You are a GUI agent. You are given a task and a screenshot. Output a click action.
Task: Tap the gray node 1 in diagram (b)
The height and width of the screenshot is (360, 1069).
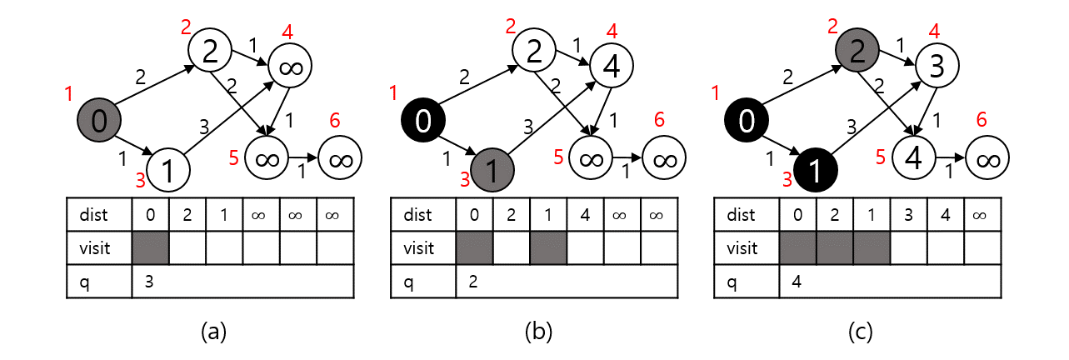coord(493,171)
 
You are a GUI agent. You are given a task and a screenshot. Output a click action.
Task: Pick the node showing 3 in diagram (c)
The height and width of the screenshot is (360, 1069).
coord(937,67)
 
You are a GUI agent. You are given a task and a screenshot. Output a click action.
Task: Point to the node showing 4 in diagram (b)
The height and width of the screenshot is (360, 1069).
coord(612,67)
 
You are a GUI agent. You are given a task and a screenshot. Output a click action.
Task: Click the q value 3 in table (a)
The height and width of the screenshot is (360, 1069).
coord(148,282)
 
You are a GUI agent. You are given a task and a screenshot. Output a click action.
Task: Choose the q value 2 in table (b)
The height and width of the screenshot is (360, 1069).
coord(472,282)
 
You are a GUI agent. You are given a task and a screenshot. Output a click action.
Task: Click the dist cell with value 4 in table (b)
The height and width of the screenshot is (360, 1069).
coord(585,215)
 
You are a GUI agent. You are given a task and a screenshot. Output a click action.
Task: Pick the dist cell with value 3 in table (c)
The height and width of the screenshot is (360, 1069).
coord(908,215)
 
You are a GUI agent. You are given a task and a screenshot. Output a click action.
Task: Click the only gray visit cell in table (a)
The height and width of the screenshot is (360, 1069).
coord(151,248)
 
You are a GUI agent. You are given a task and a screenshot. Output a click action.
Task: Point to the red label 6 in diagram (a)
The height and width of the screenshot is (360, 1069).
coord(335,121)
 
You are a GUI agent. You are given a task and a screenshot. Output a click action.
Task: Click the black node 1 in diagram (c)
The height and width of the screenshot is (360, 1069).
coord(817,171)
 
